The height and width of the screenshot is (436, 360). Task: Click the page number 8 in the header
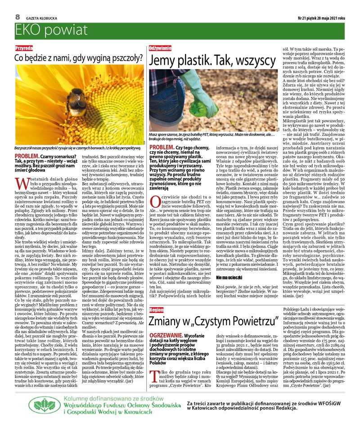(x=18, y=16)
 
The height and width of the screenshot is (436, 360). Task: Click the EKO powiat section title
(x=51, y=31)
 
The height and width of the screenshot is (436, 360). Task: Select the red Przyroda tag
(x=24, y=48)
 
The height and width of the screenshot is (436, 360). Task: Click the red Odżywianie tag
(x=160, y=48)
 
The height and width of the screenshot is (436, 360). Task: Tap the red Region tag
(x=156, y=310)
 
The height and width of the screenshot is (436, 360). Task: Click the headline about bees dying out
(x=79, y=58)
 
